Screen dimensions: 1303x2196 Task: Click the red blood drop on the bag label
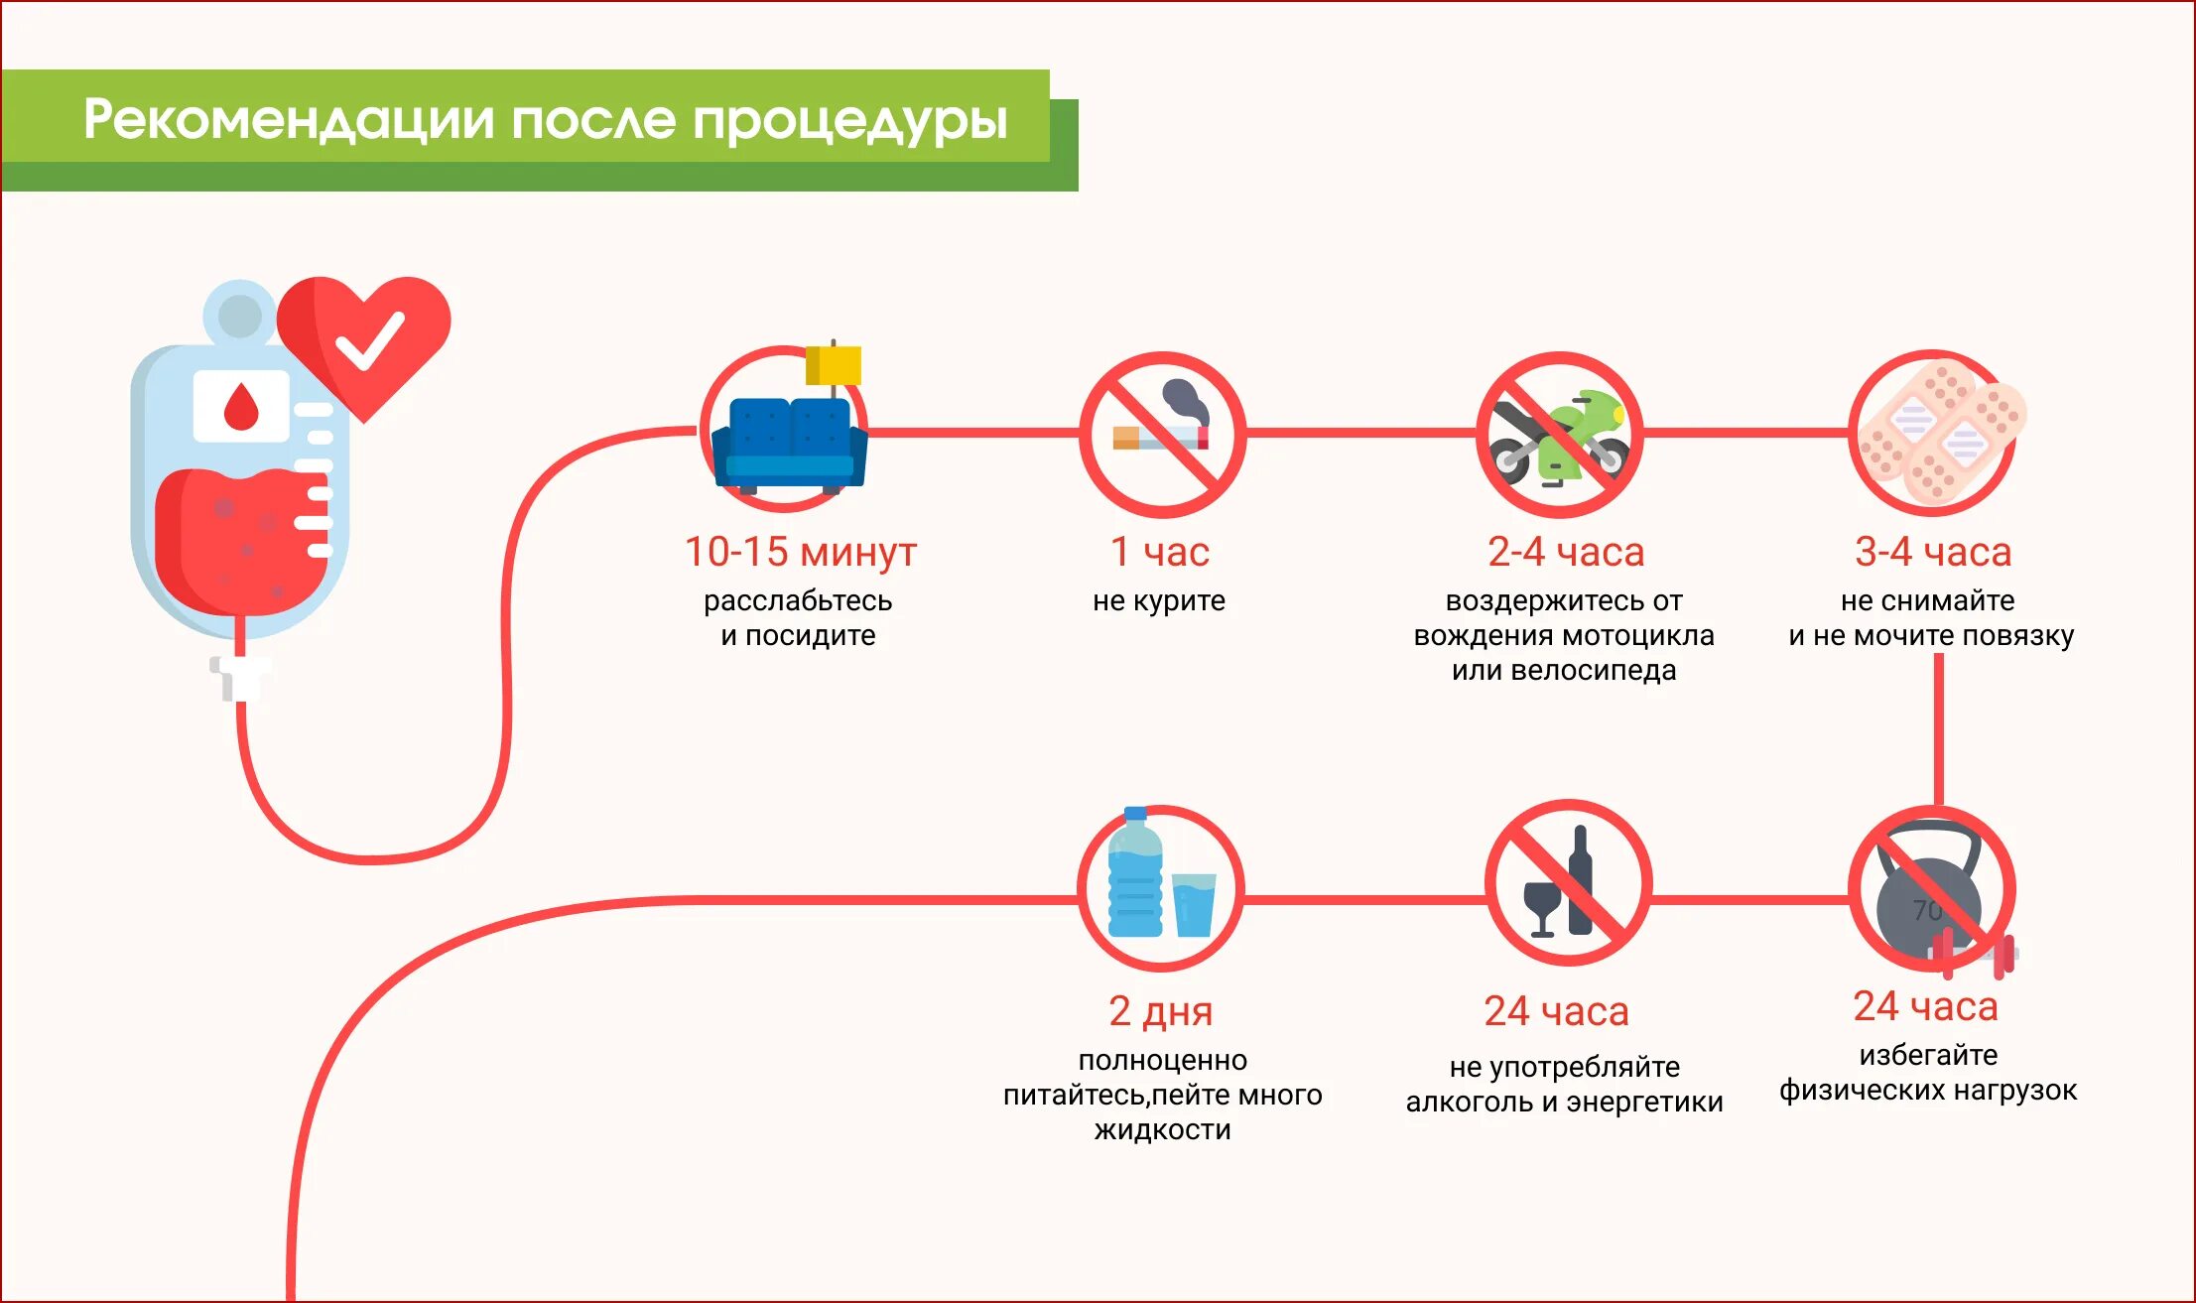point(240,406)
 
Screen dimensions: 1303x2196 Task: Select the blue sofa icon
point(789,445)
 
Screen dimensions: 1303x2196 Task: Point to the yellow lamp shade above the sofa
point(834,365)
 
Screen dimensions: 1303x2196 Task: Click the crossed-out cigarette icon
point(1162,435)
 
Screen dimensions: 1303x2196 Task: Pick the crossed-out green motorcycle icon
point(1559,437)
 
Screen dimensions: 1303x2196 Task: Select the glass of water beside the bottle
point(1194,904)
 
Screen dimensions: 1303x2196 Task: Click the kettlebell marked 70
point(1928,894)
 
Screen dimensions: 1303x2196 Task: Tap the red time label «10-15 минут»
point(800,552)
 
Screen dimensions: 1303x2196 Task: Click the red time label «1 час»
point(1159,552)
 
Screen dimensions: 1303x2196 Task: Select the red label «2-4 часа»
point(1565,552)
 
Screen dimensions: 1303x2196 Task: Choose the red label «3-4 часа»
point(1932,552)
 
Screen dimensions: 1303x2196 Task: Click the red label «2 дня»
point(1160,1011)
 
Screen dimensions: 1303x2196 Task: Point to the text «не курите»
point(1158,600)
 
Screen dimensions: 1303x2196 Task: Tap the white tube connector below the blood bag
point(239,678)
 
